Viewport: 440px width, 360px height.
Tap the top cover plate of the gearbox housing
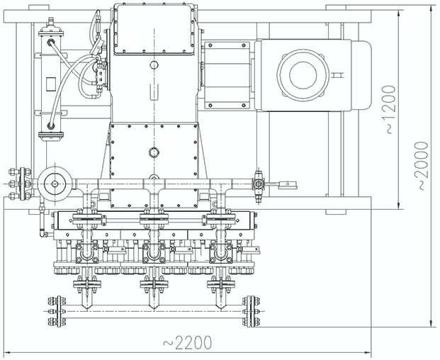point(154,28)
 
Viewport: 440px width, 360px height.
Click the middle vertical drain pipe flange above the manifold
point(153,287)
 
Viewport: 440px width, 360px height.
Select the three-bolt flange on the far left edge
point(12,184)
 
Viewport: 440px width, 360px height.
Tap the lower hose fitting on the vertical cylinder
point(50,126)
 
